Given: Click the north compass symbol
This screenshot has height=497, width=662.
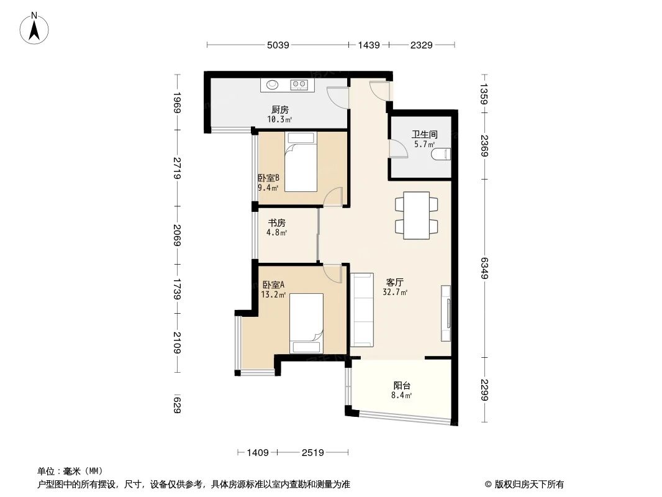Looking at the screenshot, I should [x=35, y=27].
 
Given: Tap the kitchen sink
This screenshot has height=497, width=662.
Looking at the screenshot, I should [x=273, y=85].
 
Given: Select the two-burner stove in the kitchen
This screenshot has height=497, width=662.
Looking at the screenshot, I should [x=299, y=85].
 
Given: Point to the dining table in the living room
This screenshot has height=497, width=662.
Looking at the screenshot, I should [x=416, y=216].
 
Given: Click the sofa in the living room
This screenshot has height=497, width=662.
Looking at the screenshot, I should [x=361, y=309].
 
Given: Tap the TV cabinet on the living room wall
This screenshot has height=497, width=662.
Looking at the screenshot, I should [x=446, y=313].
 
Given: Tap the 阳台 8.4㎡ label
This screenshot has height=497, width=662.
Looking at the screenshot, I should [x=402, y=390].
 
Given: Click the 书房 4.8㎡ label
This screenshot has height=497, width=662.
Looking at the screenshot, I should [x=277, y=227].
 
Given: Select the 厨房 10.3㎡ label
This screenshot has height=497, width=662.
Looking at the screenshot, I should [x=280, y=114].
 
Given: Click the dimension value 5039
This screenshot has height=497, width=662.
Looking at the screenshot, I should [x=278, y=45].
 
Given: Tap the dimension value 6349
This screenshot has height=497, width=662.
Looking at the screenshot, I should [x=484, y=268].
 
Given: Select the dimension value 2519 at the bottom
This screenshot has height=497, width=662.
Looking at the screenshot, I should [x=314, y=453].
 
